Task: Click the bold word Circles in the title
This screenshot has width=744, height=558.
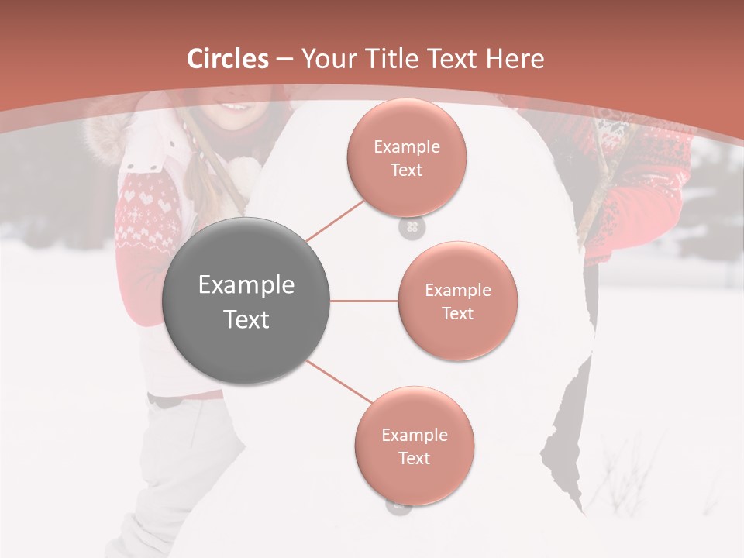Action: (228, 58)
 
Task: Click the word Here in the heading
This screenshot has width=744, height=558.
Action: (515, 58)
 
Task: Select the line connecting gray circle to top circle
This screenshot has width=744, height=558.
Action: (335, 220)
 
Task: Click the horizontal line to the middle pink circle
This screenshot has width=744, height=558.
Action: (363, 301)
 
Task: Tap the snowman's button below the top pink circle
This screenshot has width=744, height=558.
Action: (412, 228)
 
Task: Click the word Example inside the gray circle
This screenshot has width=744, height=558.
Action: (246, 285)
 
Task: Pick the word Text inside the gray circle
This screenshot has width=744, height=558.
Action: (246, 319)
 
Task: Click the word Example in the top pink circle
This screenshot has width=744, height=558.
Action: (406, 147)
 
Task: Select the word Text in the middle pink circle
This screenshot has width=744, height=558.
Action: (457, 313)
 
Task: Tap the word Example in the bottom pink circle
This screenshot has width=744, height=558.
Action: (414, 436)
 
